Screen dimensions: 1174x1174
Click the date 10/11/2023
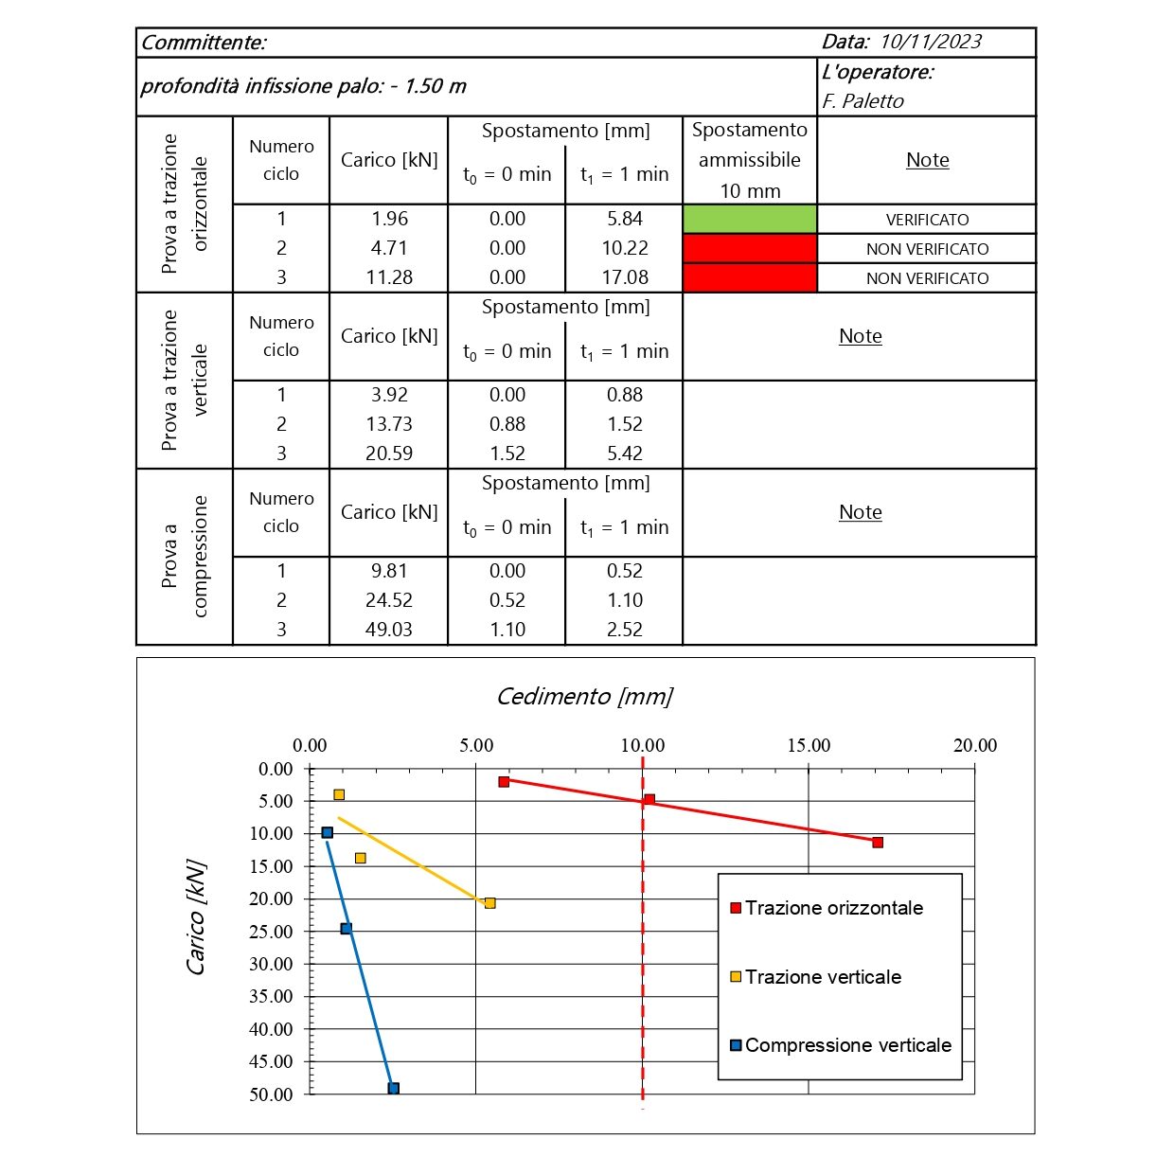pos(930,42)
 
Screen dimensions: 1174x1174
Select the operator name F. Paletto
pos(863,101)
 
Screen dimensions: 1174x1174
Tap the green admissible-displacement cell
pos(749,219)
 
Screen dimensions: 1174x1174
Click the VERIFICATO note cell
pos(927,220)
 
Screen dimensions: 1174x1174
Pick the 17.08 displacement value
pos(625,277)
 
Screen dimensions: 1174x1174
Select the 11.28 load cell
pos(389,277)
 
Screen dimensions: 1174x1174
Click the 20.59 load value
pos(389,454)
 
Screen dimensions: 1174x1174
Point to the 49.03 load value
pos(389,630)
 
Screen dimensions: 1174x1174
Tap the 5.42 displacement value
pos(625,454)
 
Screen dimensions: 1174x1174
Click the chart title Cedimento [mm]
pos(584,697)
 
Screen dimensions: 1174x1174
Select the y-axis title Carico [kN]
pos(196,917)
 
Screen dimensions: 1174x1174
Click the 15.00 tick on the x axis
pos(809,746)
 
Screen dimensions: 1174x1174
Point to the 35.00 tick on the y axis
pos(271,996)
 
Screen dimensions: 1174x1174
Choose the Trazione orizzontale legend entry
pos(833,908)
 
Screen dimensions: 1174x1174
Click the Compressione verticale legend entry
pos(847,1045)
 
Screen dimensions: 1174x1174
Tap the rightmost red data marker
pos(878,843)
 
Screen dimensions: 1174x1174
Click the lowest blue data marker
pos(394,1089)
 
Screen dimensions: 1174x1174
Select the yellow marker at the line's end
pos(489,903)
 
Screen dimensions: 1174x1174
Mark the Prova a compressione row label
pos(185,557)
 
